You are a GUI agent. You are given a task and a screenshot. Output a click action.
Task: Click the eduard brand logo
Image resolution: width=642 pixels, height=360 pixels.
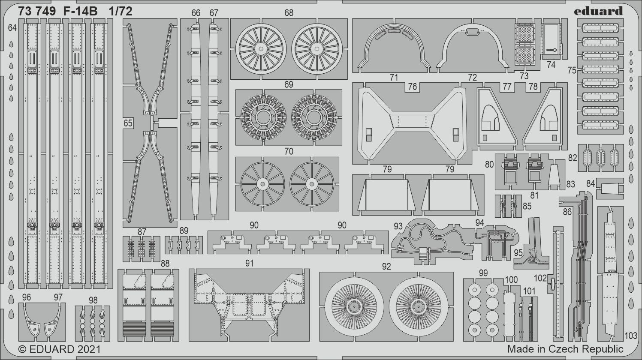pyautogui.click(x=599, y=11)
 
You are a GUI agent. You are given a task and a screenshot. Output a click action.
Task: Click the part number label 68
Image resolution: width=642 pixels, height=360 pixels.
pyautogui.click(x=289, y=13)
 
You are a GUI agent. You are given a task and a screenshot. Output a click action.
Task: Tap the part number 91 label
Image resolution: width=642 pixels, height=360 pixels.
pyautogui.click(x=250, y=263)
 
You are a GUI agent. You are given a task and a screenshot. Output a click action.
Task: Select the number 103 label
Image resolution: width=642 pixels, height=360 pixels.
pyautogui.click(x=631, y=336)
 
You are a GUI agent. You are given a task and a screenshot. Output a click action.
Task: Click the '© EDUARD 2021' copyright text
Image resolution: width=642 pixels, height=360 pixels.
pyautogui.click(x=60, y=349)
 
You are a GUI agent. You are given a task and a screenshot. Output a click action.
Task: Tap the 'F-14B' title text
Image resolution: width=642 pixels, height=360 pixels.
pyautogui.click(x=80, y=12)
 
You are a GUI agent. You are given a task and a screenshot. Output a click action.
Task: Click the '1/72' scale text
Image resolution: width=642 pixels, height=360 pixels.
pyautogui.click(x=121, y=12)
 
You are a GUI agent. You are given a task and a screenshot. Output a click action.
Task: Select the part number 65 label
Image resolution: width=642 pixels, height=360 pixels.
pyautogui.click(x=127, y=123)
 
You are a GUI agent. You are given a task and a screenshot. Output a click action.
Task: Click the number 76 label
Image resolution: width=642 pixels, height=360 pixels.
pyautogui.click(x=412, y=87)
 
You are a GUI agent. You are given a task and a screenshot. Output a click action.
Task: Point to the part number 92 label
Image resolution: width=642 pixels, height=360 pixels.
pyautogui.click(x=386, y=267)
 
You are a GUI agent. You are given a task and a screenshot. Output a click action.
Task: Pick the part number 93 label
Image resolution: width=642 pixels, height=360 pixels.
pyautogui.click(x=398, y=226)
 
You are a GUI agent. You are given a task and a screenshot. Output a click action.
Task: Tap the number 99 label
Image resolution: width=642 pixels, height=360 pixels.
pyautogui.click(x=483, y=273)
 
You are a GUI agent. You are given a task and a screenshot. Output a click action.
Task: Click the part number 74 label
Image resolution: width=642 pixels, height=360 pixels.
pyautogui.click(x=551, y=65)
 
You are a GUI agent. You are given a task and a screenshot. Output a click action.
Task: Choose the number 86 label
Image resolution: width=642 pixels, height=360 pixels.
pyautogui.click(x=567, y=212)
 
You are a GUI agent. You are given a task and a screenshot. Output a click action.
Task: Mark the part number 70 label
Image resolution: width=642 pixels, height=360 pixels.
pyautogui.click(x=289, y=151)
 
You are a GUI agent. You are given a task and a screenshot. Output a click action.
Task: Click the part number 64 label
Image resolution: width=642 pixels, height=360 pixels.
pyautogui.click(x=12, y=28)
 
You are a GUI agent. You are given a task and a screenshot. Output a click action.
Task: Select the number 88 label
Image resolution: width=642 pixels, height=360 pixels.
pyautogui.click(x=165, y=264)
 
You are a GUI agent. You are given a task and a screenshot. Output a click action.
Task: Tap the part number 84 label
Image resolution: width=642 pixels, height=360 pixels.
pyautogui.click(x=591, y=183)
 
